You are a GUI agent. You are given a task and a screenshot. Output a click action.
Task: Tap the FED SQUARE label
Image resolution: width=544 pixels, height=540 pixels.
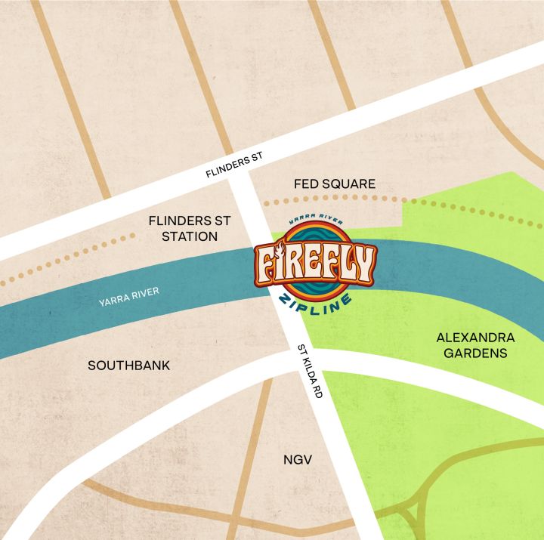point(334,184)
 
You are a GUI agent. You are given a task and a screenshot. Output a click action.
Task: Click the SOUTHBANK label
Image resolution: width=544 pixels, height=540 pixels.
point(129,366)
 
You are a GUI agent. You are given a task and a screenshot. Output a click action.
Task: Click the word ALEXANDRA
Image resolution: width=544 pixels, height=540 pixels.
point(475,337)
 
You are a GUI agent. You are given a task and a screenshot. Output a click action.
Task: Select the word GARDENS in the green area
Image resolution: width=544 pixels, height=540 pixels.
point(475,353)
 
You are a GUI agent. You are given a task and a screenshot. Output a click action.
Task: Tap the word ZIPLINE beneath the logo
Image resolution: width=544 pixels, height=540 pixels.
point(316,299)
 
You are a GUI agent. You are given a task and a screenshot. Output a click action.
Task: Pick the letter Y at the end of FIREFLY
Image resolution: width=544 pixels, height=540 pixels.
point(363,264)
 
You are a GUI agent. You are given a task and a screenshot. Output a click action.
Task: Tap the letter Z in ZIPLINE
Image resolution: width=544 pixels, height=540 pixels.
point(286,298)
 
